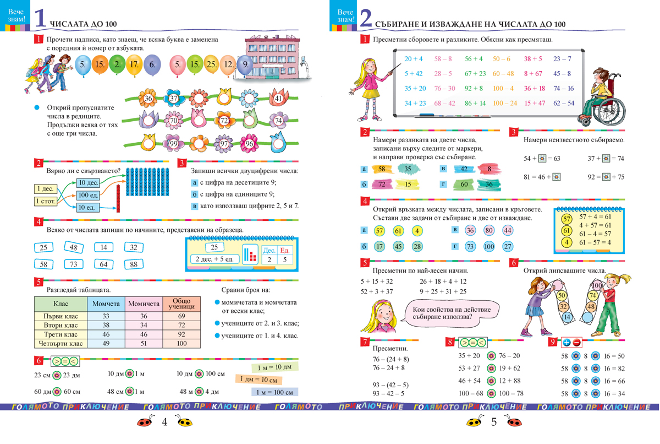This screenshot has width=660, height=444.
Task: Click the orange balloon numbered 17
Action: (x=133, y=64)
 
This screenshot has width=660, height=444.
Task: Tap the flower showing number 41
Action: (x=278, y=99)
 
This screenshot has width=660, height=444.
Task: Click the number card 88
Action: (x=134, y=264)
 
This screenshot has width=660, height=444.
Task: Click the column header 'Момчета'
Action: (x=106, y=304)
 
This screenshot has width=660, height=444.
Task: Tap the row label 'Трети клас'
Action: (x=61, y=334)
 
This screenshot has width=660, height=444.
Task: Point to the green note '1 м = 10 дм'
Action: (x=271, y=367)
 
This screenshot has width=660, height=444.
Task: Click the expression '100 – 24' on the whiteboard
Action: (x=505, y=103)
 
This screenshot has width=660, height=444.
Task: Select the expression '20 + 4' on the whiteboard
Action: (x=414, y=58)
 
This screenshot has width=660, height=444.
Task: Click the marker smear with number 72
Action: (x=381, y=185)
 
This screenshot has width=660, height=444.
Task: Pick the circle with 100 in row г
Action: (x=488, y=246)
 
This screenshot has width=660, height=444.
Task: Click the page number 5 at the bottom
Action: (x=493, y=423)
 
